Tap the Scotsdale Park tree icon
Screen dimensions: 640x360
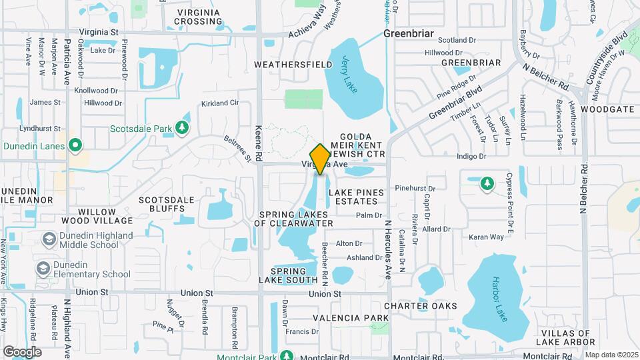click(182, 127)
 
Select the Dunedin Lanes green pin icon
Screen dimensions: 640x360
click(76, 145)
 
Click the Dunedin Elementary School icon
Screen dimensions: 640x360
click(43, 268)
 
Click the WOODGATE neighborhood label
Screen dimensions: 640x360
click(607, 109)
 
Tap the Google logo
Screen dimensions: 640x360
click(22, 351)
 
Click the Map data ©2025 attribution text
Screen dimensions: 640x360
click(611, 355)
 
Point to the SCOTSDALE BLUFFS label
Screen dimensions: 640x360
click(166, 204)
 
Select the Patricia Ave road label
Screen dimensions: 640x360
click(67, 60)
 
